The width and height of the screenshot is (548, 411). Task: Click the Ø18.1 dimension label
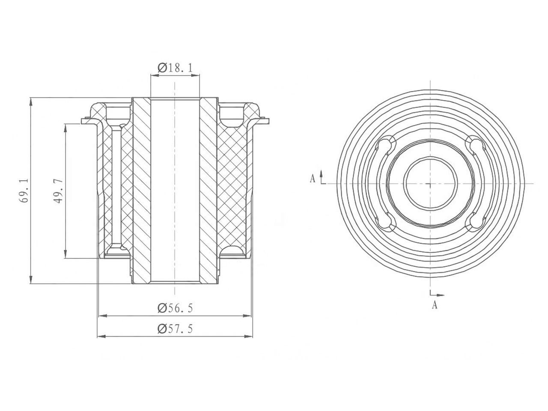[x=175, y=67]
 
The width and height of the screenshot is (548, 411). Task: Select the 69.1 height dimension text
[x=25, y=191]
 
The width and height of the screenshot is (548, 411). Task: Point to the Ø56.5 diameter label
[x=175, y=309]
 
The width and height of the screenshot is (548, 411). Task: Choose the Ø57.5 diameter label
[x=175, y=329]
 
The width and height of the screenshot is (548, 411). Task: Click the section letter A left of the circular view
[x=313, y=179]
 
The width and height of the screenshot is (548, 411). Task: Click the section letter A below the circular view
[x=435, y=305]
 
